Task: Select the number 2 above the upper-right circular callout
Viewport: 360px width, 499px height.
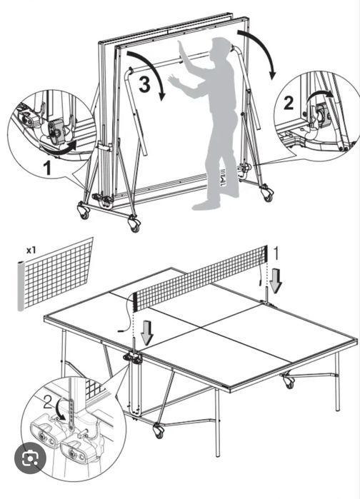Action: tap(289, 102)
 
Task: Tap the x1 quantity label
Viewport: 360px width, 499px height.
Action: tap(31, 251)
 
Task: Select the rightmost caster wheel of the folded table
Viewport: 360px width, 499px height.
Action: tap(266, 193)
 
